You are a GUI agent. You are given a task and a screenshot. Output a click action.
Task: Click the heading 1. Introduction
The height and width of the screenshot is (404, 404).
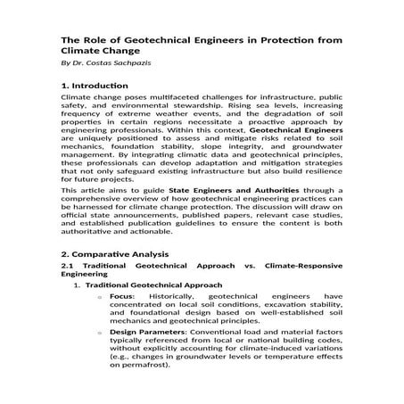click(95, 86)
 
